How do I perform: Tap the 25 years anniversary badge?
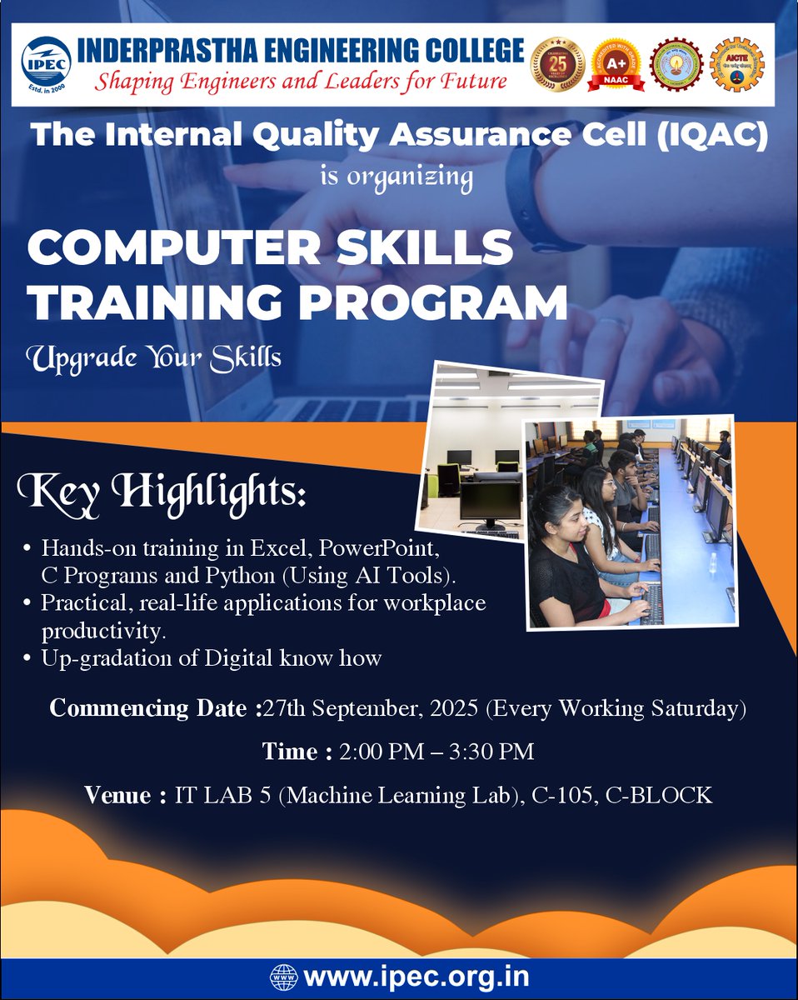click(557, 65)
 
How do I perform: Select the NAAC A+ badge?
click(617, 65)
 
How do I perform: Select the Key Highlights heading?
click(163, 492)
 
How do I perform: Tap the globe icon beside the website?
click(282, 976)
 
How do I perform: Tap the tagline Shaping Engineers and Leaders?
click(299, 82)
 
